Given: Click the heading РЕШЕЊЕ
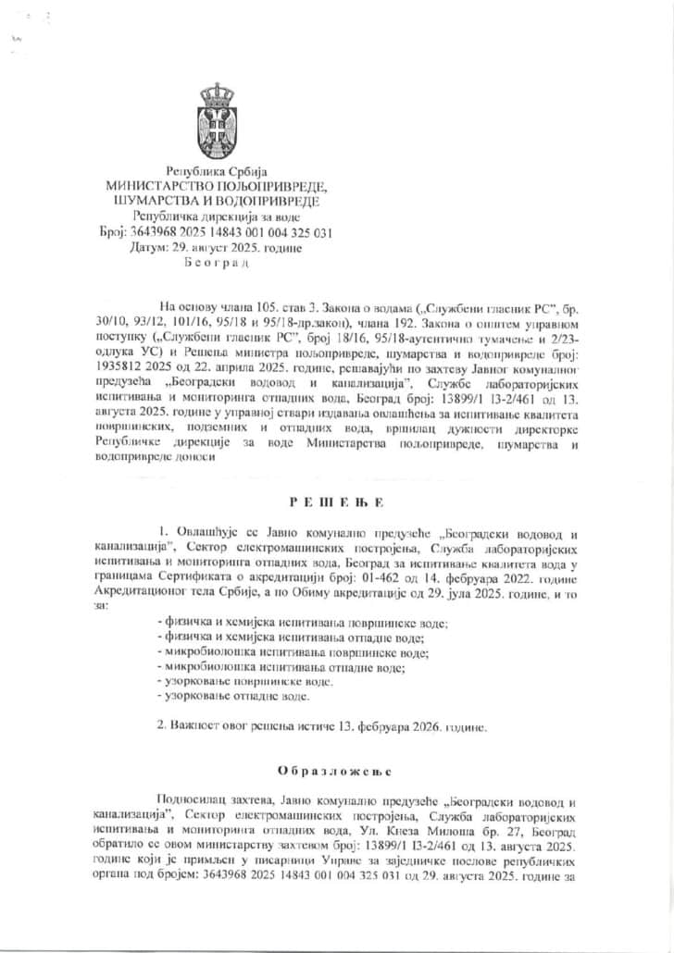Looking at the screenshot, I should coord(336,501).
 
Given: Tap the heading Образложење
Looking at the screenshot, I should coord(336,770).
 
